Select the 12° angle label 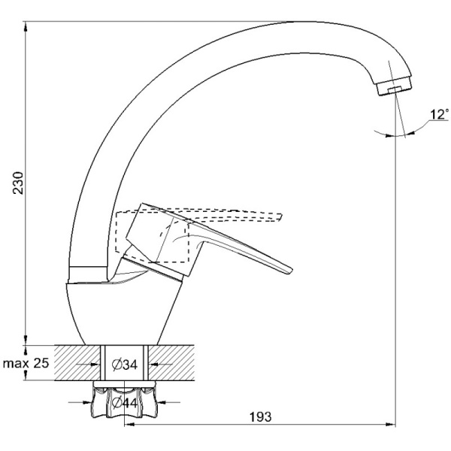point(439,115)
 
